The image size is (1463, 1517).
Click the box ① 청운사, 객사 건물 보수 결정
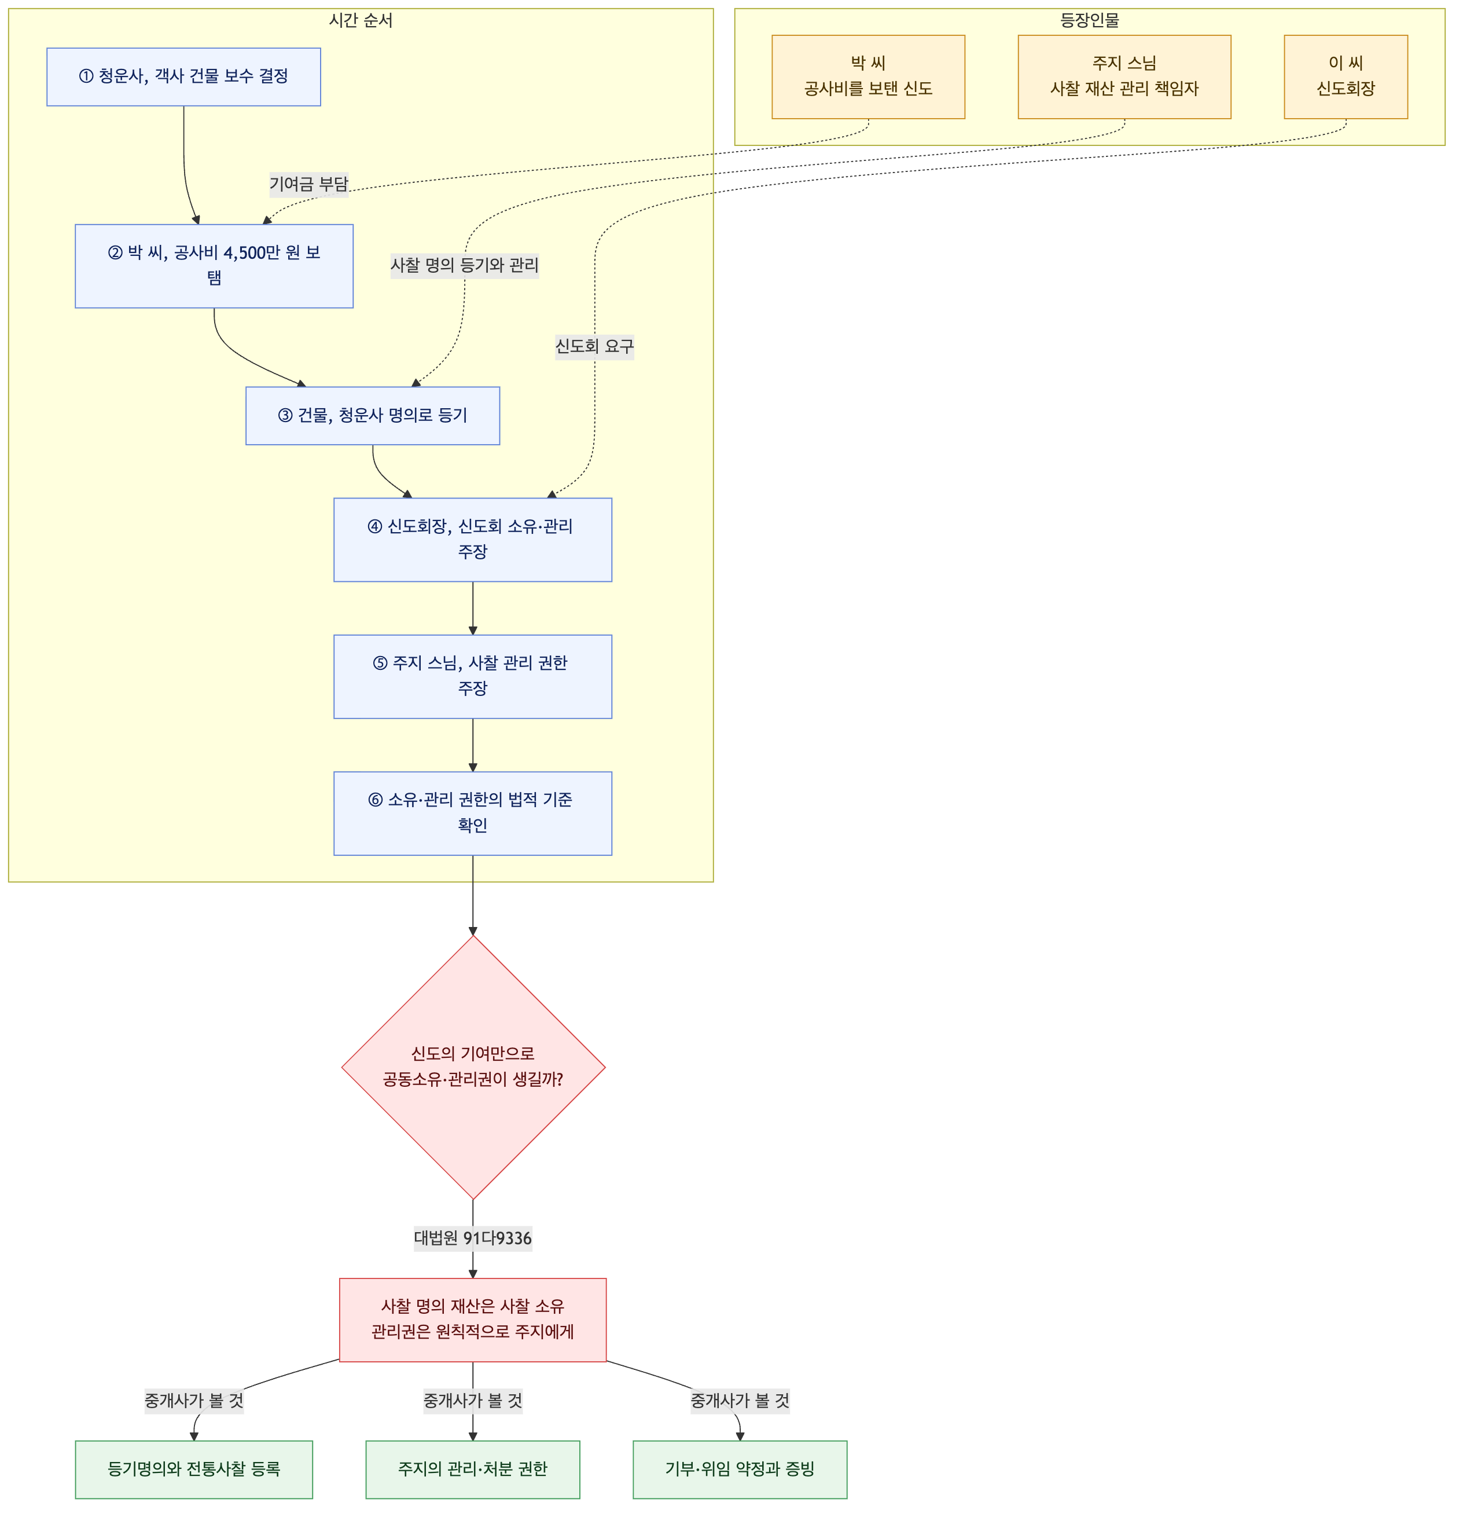tap(183, 76)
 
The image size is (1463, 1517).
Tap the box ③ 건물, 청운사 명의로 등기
tap(373, 416)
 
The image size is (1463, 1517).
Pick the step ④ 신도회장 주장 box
tap(473, 540)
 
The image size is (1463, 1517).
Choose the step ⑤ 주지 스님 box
tap(473, 676)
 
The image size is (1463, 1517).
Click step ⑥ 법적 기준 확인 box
tap(473, 814)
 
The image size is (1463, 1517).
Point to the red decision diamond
tap(473, 1067)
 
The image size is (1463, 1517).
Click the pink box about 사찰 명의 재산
tap(473, 1320)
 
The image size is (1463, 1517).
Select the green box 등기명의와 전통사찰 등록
tap(194, 1469)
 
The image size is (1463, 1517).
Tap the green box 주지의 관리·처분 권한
tap(473, 1469)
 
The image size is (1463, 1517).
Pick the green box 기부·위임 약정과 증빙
tap(740, 1469)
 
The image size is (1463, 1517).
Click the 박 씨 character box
tap(868, 76)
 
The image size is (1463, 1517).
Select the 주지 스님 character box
tap(1124, 76)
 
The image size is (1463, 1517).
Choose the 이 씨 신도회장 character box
tap(1346, 76)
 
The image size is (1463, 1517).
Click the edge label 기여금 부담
tap(308, 184)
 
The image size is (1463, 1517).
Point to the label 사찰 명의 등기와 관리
tap(464, 265)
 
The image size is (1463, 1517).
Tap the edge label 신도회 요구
tap(594, 346)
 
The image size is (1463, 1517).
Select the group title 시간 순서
tap(361, 20)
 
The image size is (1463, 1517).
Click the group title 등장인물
tap(1089, 20)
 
